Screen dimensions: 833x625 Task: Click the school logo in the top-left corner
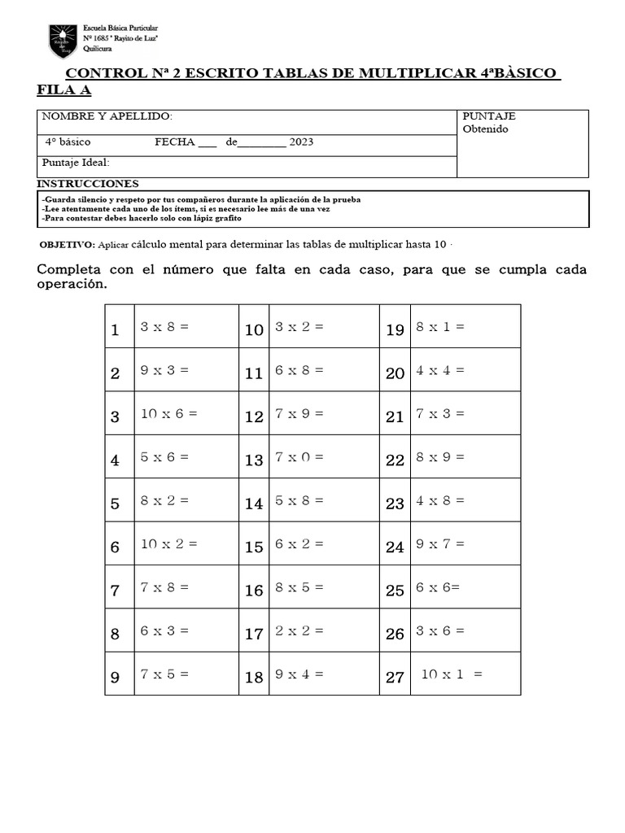(x=63, y=40)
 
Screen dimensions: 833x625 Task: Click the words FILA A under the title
(x=64, y=89)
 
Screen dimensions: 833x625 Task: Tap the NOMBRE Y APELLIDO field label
(x=107, y=116)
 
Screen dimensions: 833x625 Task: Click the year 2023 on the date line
(x=300, y=142)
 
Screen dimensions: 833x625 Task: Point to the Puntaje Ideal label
(x=76, y=162)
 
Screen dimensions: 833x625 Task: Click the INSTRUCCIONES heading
(x=89, y=184)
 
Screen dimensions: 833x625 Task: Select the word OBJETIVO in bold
(x=68, y=245)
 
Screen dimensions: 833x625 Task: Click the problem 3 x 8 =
(x=164, y=327)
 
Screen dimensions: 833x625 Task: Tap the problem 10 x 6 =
(x=168, y=413)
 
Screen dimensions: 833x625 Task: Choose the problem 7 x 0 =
(x=299, y=457)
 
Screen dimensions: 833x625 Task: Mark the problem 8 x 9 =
(x=440, y=457)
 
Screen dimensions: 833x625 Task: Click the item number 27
(x=395, y=678)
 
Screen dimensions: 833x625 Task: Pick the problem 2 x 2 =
(x=299, y=630)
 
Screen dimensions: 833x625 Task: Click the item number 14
(x=254, y=504)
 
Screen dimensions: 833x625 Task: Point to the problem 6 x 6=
(x=438, y=587)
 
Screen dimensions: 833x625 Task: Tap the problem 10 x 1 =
(x=452, y=674)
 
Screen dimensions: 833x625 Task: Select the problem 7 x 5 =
(x=164, y=674)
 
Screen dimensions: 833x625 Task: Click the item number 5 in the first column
(x=115, y=504)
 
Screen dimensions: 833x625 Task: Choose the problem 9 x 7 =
(x=440, y=544)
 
